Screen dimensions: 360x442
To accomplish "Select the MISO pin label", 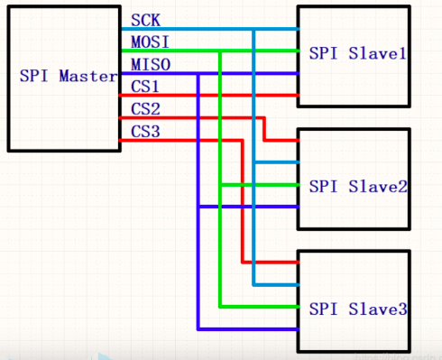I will point(146,64).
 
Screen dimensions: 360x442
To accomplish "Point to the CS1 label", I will point(144,87).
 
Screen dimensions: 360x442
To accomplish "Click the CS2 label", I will point(144,109).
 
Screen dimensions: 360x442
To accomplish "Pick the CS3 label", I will point(144,132).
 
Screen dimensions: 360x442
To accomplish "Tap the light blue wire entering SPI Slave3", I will point(280,285).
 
